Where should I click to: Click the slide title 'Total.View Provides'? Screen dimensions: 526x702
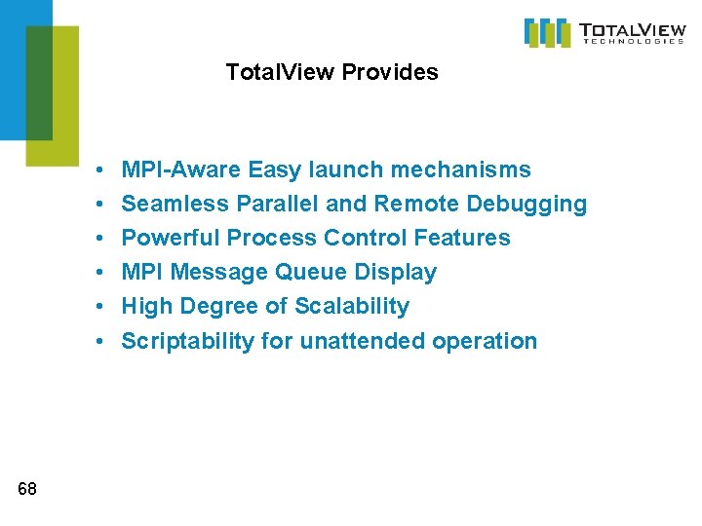pos(331,72)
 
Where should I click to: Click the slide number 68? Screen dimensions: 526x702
pos(27,489)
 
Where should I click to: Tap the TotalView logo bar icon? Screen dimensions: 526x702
pos(547,32)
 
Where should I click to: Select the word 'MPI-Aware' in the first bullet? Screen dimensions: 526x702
pos(180,170)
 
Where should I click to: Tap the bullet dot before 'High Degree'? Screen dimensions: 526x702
pos(101,308)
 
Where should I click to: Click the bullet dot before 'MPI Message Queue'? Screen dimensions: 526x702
pos(101,274)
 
